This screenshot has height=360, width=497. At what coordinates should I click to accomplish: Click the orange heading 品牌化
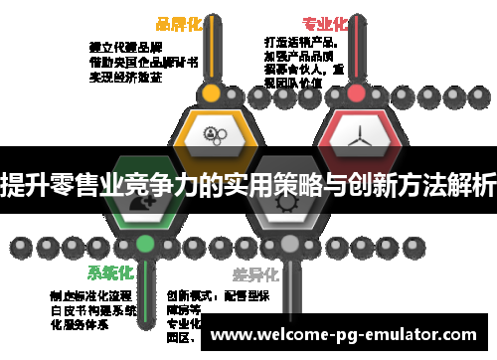tap(178, 24)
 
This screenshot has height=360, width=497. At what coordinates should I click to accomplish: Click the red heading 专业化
tap(325, 24)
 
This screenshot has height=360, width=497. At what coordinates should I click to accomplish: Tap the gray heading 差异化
tap(255, 272)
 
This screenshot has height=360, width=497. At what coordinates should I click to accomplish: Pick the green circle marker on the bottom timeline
tap(146, 243)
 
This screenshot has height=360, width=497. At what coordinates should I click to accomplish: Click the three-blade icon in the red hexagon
tap(356, 135)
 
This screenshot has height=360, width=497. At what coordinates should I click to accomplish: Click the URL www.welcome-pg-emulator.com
tap(351, 335)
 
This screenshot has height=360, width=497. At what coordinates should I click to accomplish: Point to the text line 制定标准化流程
tap(90, 295)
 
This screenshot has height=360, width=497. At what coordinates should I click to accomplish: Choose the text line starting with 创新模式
tap(203, 295)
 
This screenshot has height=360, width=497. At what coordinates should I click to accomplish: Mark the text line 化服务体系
tap(78, 324)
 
